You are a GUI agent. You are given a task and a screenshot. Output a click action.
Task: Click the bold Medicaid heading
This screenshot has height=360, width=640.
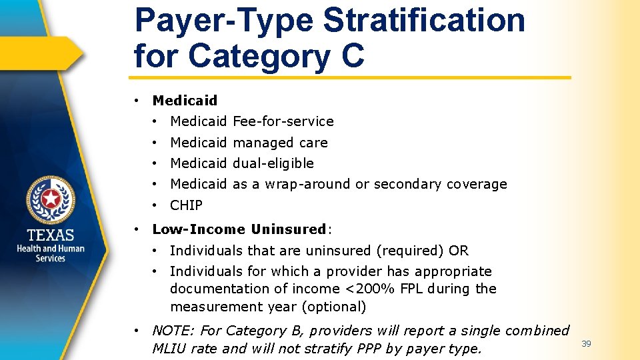185,101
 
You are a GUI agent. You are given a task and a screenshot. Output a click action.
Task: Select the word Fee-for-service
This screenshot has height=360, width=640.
283,121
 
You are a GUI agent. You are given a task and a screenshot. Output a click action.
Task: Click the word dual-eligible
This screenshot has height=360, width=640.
273,163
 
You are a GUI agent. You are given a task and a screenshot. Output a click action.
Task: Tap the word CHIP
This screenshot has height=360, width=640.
186,205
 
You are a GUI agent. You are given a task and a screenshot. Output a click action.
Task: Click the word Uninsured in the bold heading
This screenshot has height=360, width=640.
288,229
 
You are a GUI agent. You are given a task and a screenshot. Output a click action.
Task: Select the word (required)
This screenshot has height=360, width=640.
412,251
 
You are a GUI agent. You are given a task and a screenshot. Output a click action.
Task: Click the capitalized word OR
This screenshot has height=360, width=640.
459,251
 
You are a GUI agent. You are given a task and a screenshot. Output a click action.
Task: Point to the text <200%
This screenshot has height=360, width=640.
363,289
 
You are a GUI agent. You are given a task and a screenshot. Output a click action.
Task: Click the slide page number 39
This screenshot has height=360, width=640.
586,344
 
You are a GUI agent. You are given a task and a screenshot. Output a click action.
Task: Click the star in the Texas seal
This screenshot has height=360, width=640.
51,199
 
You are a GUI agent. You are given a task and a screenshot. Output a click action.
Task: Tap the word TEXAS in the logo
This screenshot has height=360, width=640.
51,235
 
